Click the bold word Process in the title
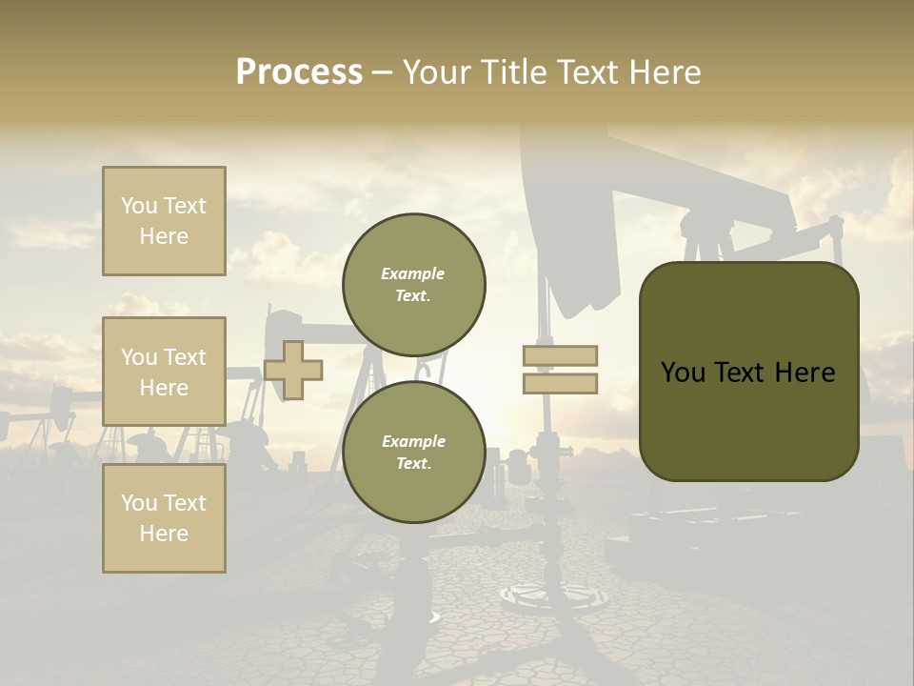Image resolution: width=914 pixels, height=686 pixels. [x=299, y=72]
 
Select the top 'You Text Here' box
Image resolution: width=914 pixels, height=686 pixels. [x=164, y=221]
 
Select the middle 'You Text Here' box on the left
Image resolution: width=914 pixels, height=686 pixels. [x=164, y=372]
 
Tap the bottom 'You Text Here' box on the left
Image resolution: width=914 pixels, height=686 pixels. [x=164, y=518]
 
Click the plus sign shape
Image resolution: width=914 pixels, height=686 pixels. [x=293, y=370]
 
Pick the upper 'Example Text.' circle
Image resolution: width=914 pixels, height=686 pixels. [x=414, y=285]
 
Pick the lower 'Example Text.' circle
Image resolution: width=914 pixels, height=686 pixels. [x=414, y=453]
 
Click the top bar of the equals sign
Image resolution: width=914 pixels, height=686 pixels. [x=560, y=355]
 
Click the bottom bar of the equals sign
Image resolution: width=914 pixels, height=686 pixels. [x=560, y=383]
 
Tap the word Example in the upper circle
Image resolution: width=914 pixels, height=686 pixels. [x=413, y=274]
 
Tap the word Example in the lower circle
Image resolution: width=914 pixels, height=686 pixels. [x=413, y=441]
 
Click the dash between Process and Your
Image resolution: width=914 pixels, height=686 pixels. [x=382, y=72]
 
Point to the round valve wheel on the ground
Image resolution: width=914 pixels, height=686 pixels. [x=554, y=595]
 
